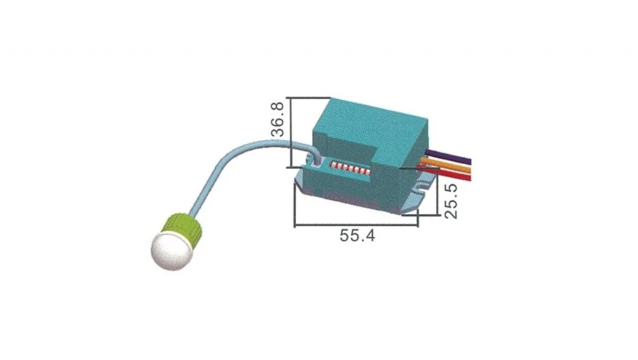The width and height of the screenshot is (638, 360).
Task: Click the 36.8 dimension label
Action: (x=277, y=120)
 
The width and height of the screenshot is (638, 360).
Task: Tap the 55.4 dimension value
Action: (x=357, y=235)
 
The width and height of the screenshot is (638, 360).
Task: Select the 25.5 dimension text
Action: (x=451, y=201)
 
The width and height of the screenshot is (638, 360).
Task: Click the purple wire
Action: (x=447, y=158)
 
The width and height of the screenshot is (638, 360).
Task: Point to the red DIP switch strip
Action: (x=350, y=169)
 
